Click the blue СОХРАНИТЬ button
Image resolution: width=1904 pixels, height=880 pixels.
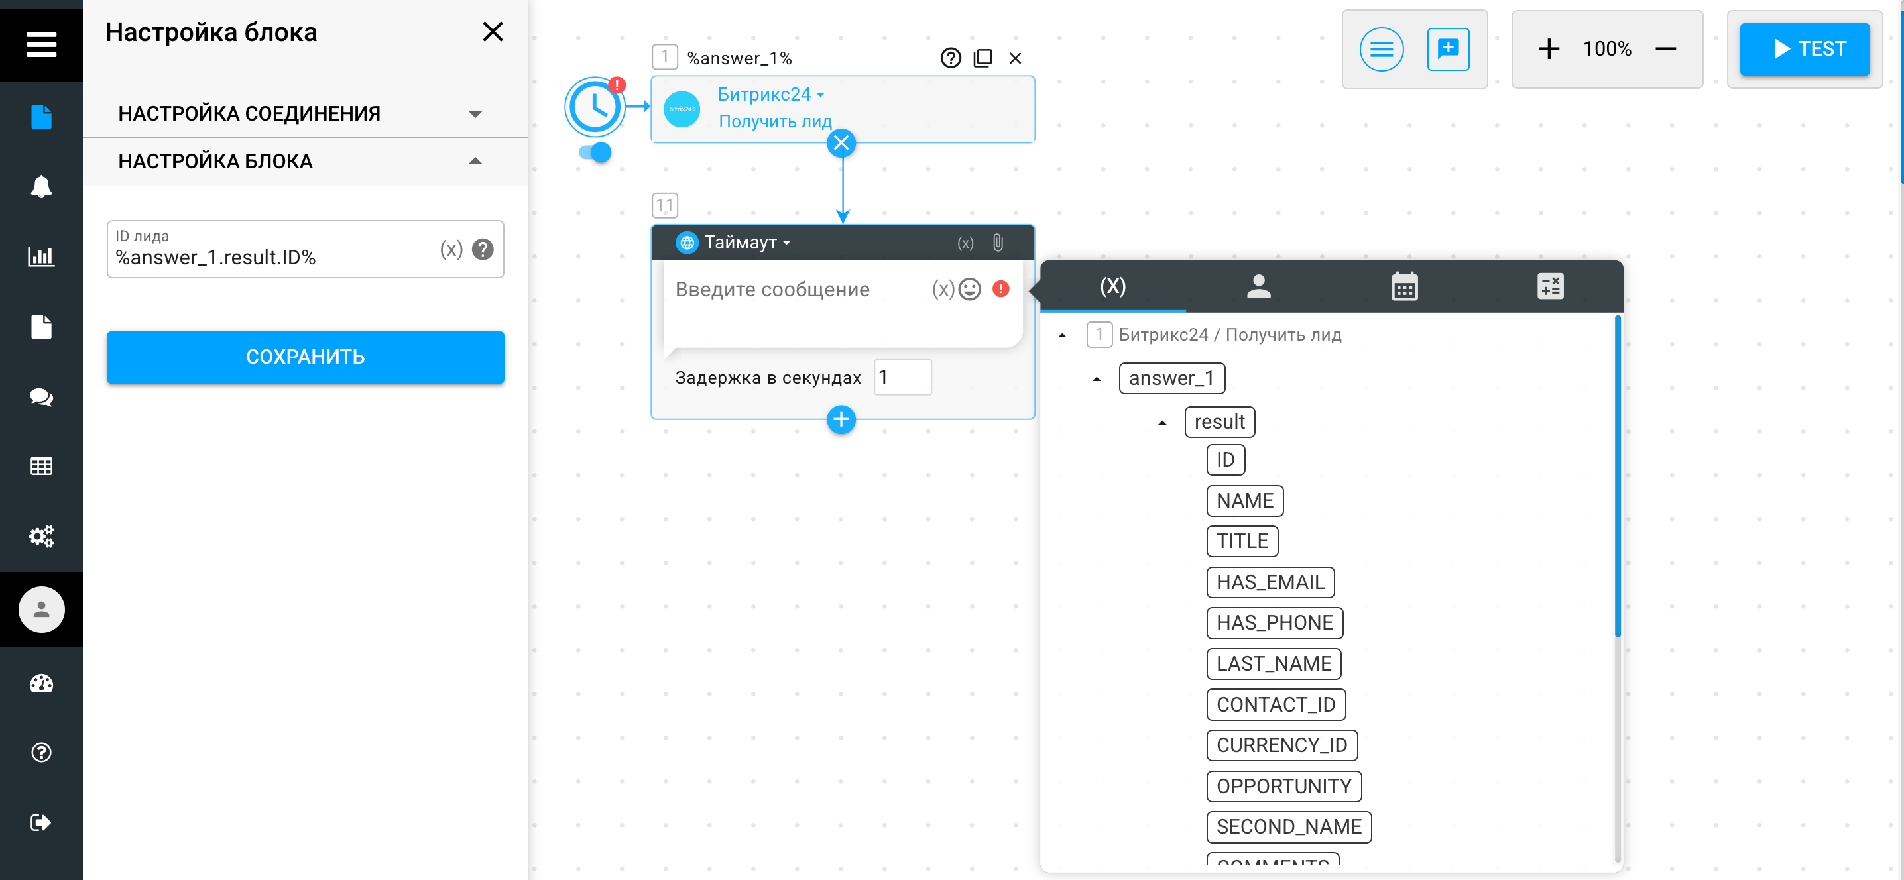pos(305,357)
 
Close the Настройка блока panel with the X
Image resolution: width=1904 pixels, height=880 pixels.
pos(493,32)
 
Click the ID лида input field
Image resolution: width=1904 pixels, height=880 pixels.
pos(274,249)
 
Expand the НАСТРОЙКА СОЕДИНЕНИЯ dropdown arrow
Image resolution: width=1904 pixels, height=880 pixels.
pos(475,114)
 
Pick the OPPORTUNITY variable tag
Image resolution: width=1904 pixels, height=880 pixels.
pos(1284,786)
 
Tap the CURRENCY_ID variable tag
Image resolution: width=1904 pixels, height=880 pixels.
pos(1281,745)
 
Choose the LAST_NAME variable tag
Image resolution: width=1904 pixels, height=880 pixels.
pos(1274,663)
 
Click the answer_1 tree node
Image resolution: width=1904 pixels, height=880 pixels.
pos(1171,378)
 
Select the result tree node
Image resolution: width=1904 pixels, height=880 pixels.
pos(1220,422)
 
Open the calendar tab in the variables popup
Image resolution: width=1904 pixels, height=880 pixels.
pos(1404,286)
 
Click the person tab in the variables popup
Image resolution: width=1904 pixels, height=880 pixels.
pos(1259,286)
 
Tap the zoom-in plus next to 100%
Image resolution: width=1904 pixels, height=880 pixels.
pos(1549,49)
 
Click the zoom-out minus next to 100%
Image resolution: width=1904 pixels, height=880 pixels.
pos(1665,49)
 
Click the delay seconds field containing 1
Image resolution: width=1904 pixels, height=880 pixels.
pos(902,378)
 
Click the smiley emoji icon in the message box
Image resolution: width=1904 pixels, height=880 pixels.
pos(970,289)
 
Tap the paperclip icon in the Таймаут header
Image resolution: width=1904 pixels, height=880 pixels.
pos(998,243)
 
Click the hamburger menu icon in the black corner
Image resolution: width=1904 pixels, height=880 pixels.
pos(41,44)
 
